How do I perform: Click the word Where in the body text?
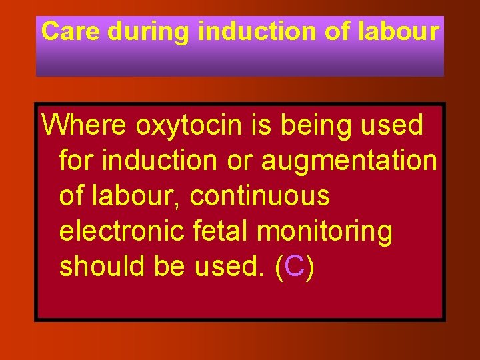85,125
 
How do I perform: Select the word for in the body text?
76,160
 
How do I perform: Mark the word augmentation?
349,161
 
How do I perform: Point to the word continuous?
259,196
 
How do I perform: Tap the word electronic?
119,231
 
